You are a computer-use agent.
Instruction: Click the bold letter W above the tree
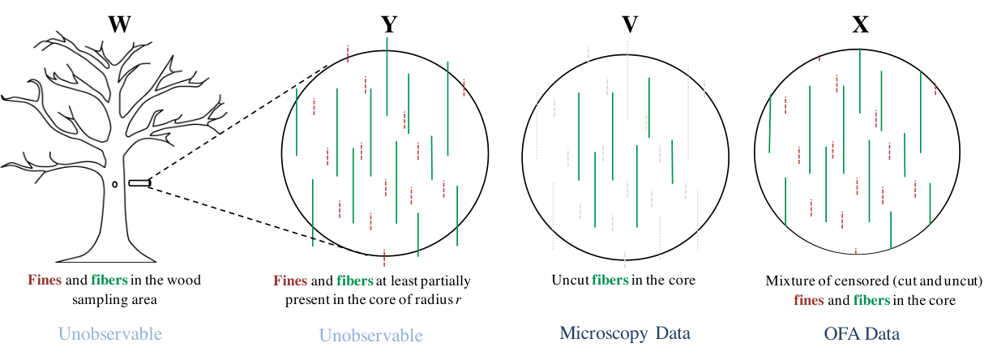(x=120, y=24)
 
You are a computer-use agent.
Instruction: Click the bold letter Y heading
(x=389, y=24)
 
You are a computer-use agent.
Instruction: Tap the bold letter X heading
(x=860, y=24)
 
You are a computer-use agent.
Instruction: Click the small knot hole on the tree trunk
(x=114, y=184)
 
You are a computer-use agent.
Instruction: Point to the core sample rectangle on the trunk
(x=139, y=183)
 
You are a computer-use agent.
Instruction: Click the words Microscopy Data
(x=625, y=333)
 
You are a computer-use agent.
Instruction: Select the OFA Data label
(x=862, y=333)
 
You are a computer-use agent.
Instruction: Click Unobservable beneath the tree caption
(x=110, y=334)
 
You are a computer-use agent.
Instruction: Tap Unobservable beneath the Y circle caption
(x=371, y=335)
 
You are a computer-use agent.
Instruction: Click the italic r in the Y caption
(x=459, y=300)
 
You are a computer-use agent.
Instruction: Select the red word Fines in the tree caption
(x=45, y=280)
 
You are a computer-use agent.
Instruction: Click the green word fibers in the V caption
(x=610, y=280)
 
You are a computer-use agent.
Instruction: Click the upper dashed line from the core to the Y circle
(x=238, y=122)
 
